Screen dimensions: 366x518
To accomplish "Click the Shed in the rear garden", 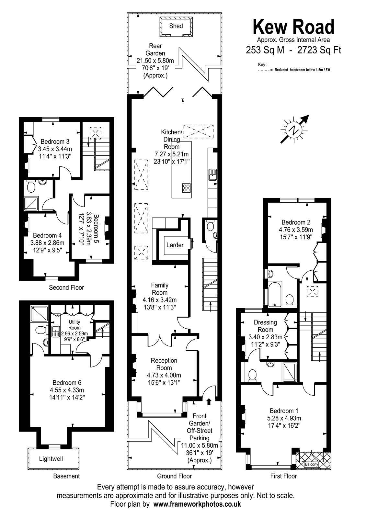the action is tap(176, 27).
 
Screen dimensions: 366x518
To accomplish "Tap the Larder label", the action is tap(175, 245).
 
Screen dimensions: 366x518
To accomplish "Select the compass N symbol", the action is tap(294, 130).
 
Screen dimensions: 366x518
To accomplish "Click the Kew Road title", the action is tap(293, 27).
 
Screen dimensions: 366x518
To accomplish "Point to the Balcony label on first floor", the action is tap(311, 464).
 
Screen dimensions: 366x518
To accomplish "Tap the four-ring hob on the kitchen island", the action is tap(186, 188).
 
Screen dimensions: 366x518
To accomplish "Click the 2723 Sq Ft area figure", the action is tap(319, 50).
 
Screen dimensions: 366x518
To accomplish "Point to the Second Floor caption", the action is tap(66, 287).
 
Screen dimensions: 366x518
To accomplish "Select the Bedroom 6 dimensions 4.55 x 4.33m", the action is tap(67, 390).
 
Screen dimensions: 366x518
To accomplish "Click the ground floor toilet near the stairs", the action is tap(210, 226).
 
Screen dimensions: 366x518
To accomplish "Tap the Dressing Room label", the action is tap(265, 326).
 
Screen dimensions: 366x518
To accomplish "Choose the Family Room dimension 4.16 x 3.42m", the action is tap(160, 300).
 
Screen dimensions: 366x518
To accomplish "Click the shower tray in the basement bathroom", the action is tap(39, 314).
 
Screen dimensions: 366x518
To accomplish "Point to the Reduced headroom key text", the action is tap(302, 70).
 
